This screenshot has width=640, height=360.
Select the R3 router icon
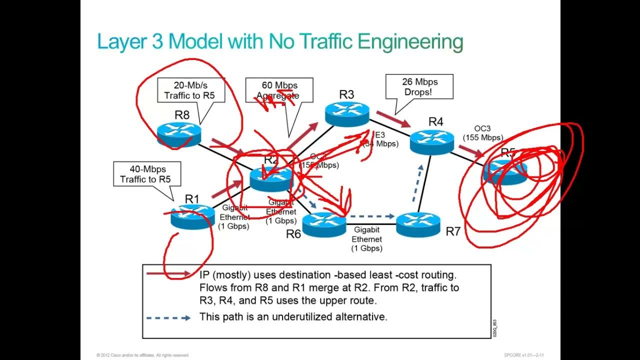coord(346,114)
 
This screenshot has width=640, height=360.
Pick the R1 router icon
coord(192,217)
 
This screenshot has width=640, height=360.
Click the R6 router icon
coord(324,225)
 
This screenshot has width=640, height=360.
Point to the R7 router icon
coord(418,224)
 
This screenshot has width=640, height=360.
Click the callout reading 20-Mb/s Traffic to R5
coord(190,90)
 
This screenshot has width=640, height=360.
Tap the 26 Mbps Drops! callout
coord(419,86)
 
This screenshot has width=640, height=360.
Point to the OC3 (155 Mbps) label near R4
coord(482,133)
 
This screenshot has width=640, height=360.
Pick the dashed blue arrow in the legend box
coord(168,317)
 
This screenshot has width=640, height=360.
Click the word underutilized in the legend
coord(301,316)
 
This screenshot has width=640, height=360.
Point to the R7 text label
coord(452,231)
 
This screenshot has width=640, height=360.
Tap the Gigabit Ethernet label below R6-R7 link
coord(367,239)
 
